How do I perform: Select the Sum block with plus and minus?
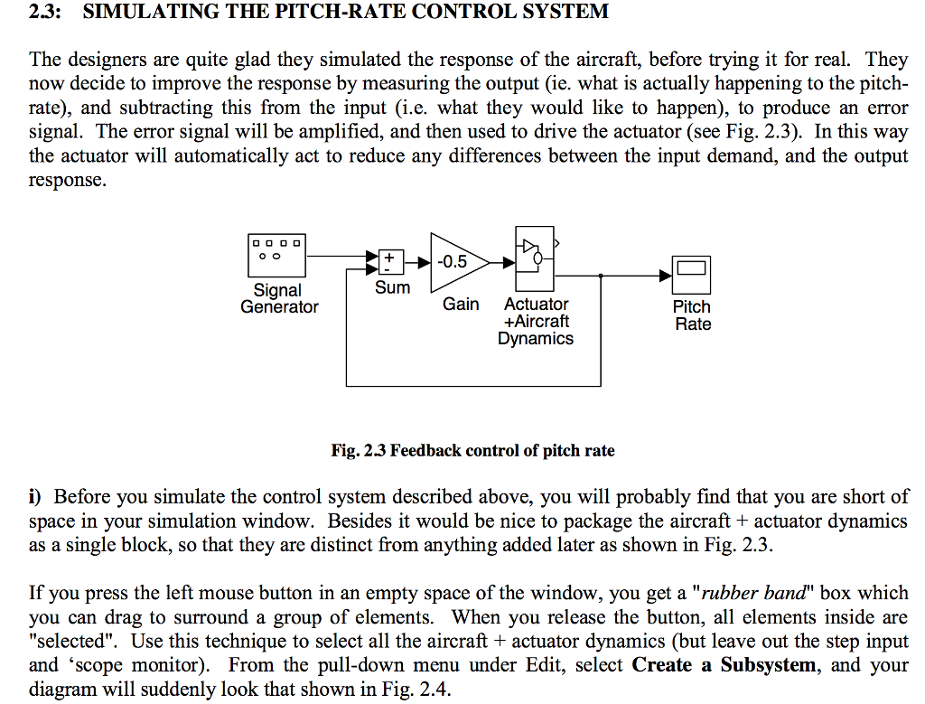point(389,261)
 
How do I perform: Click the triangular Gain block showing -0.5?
point(456,262)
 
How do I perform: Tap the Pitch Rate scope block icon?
point(692,274)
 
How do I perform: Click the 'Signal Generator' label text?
point(279,299)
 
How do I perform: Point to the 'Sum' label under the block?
point(392,288)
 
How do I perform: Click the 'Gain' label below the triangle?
point(461,305)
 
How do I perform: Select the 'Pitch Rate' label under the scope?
point(692,315)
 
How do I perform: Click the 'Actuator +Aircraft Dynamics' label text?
point(537,322)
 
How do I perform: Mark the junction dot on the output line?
point(602,274)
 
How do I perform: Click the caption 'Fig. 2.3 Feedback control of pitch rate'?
point(473,450)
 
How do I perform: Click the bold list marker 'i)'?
point(35,497)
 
